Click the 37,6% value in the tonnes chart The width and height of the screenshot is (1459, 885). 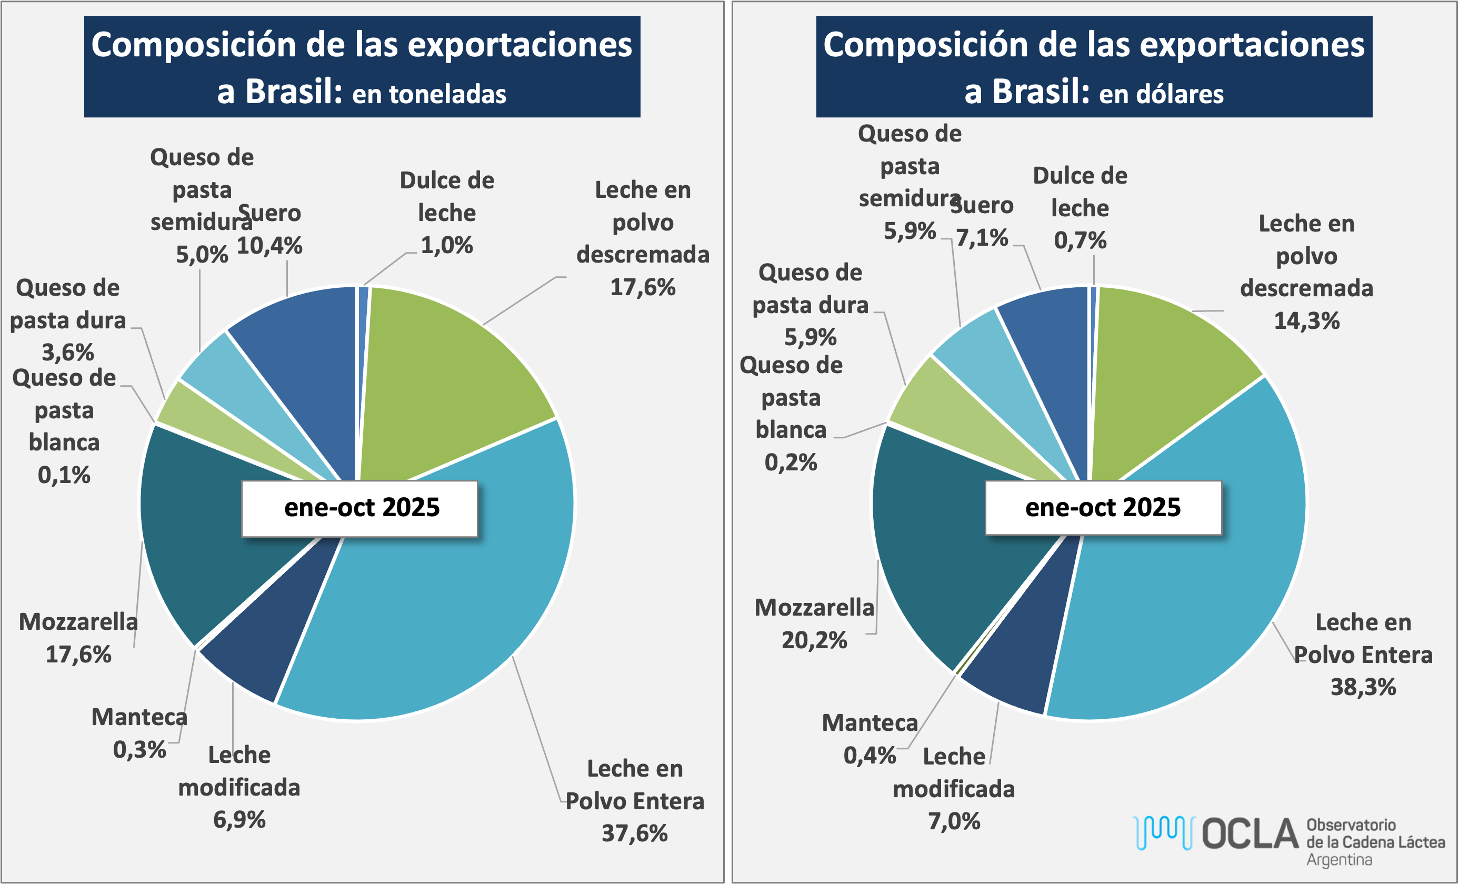pyautogui.click(x=634, y=833)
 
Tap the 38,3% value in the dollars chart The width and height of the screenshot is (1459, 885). pyautogui.click(x=1363, y=687)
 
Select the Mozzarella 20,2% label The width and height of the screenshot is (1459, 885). pyautogui.click(x=814, y=624)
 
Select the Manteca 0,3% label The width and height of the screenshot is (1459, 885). pyautogui.click(x=140, y=733)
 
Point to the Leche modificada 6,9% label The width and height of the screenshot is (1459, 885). pyautogui.click(x=239, y=787)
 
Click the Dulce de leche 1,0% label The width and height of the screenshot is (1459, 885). pyautogui.click(x=446, y=213)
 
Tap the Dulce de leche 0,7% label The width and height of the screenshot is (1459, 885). pyautogui.click(x=1080, y=208)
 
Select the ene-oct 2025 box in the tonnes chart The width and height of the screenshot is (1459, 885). pyautogui.click(x=359, y=508)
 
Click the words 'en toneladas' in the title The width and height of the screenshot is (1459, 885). pyautogui.click(x=429, y=94)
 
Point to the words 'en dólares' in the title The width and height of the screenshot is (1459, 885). pyautogui.click(x=1161, y=94)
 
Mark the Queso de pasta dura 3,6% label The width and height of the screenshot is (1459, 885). pyautogui.click(x=67, y=320)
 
